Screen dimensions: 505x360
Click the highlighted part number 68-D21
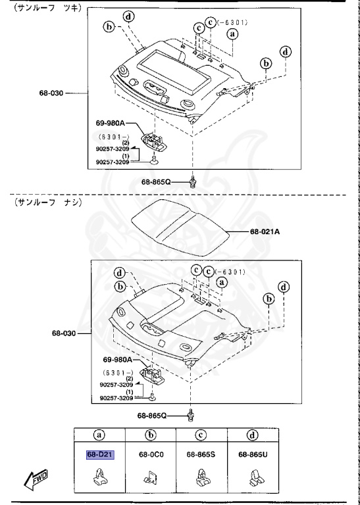click(x=100, y=454)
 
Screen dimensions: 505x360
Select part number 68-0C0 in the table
click(x=151, y=454)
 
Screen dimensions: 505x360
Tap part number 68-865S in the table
click(x=201, y=454)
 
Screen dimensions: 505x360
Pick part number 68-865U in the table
click(x=253, y=454)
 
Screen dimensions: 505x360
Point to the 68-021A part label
click(x=265, y=231)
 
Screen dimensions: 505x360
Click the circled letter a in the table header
click(x=100, y=434)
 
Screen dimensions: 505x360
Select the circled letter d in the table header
click(x=253, y=434)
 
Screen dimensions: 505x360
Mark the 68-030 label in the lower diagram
click(x=65, y=333)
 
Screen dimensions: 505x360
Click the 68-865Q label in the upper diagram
click(x=155, y=181)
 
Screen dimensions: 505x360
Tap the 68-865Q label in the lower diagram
click(x=152, y=416)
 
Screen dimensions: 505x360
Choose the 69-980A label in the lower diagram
click(x=117, y=360)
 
